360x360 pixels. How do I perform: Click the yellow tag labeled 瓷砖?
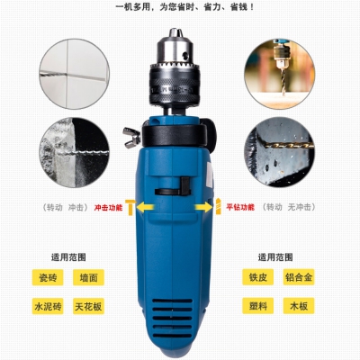pos(48,277)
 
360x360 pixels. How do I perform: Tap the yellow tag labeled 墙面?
pos(88,277)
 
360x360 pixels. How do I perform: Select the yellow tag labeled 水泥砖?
pos(48,306)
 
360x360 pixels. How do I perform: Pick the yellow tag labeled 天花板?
pos(88,306)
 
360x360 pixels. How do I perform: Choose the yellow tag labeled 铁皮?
pos(258,277)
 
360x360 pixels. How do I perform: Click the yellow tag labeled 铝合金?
pos(299,277)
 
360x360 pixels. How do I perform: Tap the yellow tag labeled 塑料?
pos(258,306)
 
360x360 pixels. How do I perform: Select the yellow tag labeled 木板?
pos(299,306)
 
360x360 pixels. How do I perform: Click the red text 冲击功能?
pos(108,208)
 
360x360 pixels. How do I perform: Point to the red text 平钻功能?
pos(240,207)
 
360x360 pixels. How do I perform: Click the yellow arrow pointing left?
pos(146,207)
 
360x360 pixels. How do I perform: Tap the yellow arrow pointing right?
pos(203,207)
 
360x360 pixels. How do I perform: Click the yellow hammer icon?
pos(130,207)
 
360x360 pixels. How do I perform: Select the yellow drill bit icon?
pos(219,206)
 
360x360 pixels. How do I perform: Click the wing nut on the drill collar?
pos(131,138)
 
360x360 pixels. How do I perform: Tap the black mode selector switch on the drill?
pos(173,187)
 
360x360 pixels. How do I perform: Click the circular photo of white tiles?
pos(74,74)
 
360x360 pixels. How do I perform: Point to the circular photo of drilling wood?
pos(279,74)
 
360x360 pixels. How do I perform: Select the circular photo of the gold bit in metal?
pos(279,152)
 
